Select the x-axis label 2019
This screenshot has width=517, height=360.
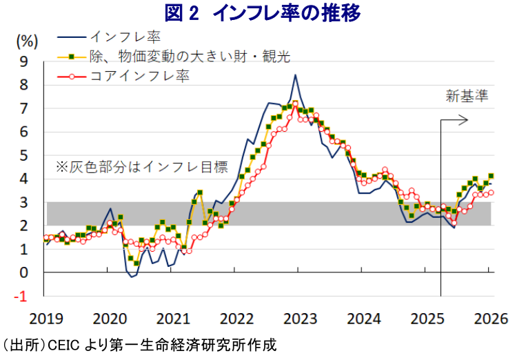(x=45, y=319)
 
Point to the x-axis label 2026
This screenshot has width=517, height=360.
(x=491, y=319)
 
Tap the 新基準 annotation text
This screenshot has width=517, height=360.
(x=467, y=96)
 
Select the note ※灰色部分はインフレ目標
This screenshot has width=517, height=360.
(x=141, y=166)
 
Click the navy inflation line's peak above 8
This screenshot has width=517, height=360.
(x=295, y=74)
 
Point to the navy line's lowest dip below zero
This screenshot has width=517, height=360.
(x=132, y=277)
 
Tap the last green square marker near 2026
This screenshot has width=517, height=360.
(x=491, y=176)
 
